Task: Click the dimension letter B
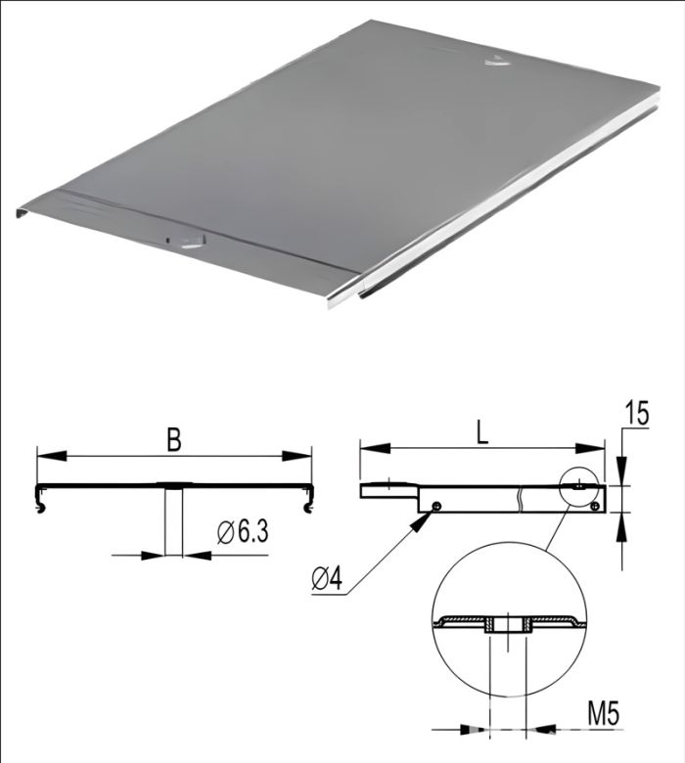coord(174,439)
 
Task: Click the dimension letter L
coord(481,432)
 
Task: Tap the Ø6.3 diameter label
coord(243,532)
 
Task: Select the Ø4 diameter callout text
coord(328,579)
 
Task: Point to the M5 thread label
coord(603,714)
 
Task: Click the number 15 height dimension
coord(637,414)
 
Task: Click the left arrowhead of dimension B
coord(52,456)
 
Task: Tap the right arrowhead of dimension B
coord(297,456)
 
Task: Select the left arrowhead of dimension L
coord(375,448)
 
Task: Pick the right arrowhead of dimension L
coord(590,448)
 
